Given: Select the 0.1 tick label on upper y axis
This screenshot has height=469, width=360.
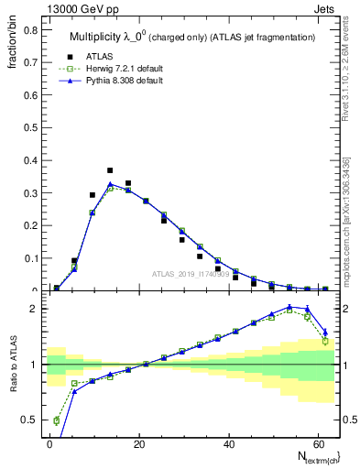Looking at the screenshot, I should pos(29,258).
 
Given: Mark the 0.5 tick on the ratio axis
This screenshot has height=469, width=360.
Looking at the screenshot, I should pos(29,420).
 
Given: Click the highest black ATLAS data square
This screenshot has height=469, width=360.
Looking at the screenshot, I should pos(110,170).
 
